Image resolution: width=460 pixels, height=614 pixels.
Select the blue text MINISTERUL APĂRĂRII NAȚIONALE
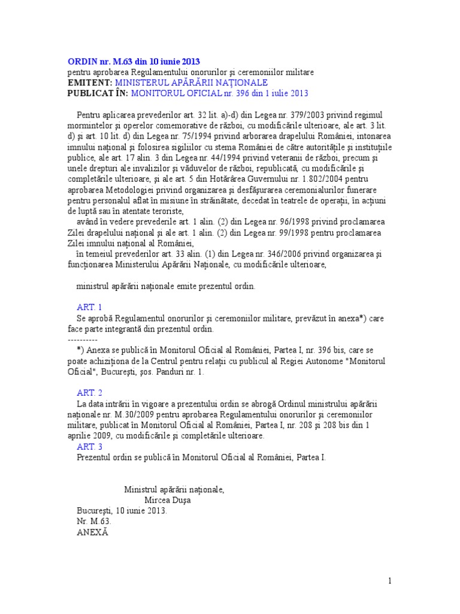pyautogui.click(x=192, y=82)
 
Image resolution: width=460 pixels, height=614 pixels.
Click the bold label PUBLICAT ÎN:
pyautogui.click(x=98, y=93)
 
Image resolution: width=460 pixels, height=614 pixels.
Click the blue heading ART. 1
pyautogui.click(x=90, y=307)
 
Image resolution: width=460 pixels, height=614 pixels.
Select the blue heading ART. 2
pyautogui.click(x=90, y=393)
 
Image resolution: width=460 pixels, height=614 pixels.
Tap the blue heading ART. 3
pyautogui.click(x=90, y=447)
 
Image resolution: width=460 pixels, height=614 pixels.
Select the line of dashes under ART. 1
pyautogui.click(x=83, y=339)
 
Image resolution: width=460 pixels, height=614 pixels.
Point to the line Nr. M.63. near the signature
pyautogui.click(x=94, y=521)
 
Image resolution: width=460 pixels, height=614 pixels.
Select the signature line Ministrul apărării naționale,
pyautogui.click(x=174, y=489)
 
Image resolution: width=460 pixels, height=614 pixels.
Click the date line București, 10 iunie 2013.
pyautogui.click(x=122, y=511)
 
